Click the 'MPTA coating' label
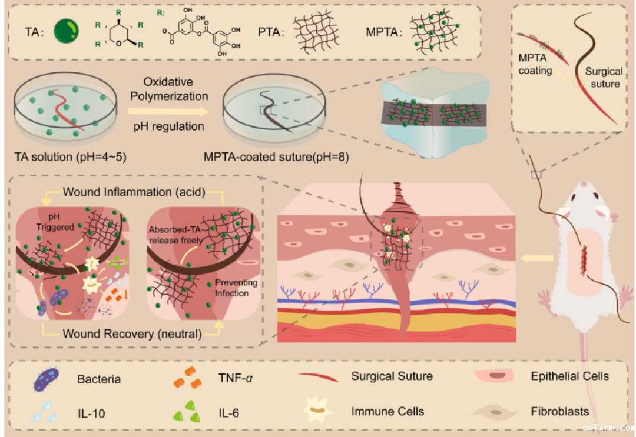535,64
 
